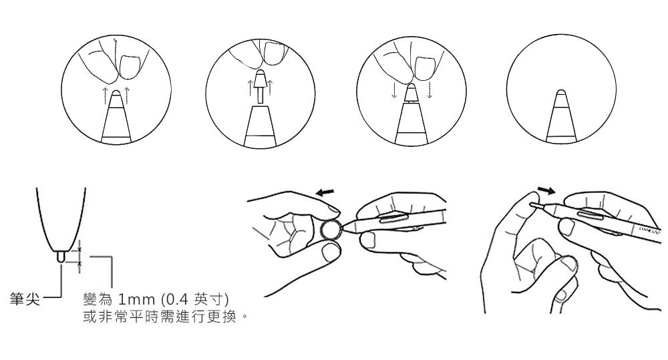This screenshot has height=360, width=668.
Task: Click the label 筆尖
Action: pyautogui.click(x=25, y=299)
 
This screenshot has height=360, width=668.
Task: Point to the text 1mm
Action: pyautogui.click(x=136, y=299)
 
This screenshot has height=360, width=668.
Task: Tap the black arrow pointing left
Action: pyautogui.click(x=325, y=192)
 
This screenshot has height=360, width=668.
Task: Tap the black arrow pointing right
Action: pyautogui.click(x=546, y=190)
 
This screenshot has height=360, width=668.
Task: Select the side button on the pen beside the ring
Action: pyautogui.click(x=392, y=219)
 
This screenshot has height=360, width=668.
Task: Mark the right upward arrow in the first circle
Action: pyautogui.click(x=126, y=95)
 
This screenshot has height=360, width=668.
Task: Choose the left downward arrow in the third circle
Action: pyautogui.click(x=395, y=90)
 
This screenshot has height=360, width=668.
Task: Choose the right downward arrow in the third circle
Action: pyautogui.click(x=430, y=90)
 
